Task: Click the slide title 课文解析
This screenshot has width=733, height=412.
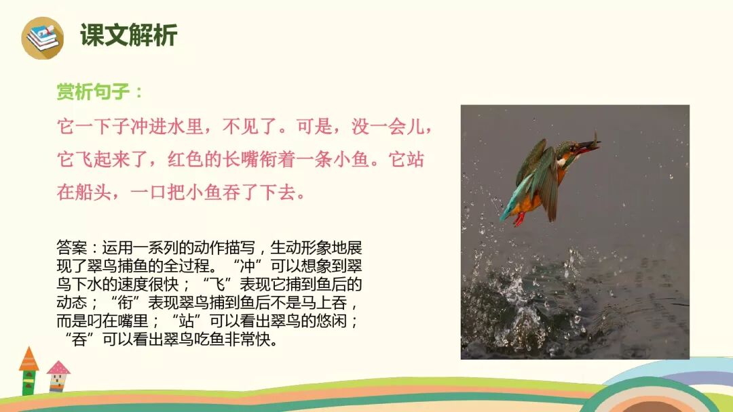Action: (x=128, y=35)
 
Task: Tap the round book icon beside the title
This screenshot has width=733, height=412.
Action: (x=42, y=37)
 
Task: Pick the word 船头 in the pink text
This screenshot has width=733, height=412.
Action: (x=92, y=192)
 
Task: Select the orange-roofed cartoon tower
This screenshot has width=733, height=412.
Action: (x=29, y=370)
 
